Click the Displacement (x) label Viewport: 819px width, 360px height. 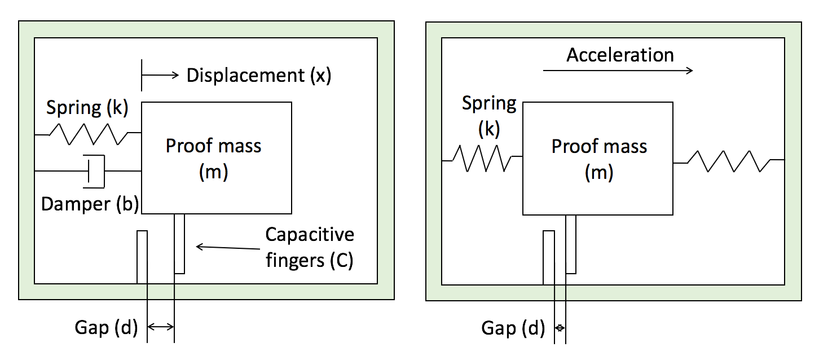pyautogui.click(x=258, y=75)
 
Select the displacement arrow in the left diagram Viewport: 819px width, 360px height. pyautogui.click(x=161, y=75)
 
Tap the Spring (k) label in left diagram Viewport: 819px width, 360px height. pyautogui.click(x=87, y=107)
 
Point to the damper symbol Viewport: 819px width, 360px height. pyautogui.click(x=95, y=170)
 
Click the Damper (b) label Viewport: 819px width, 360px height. pyautogui.click(x=90, y=204)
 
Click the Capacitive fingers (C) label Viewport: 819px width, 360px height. pyautogui.click(x=310, y=247)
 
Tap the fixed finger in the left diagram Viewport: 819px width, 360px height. pyautogui.click(x=142, y=257)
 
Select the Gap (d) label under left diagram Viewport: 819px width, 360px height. pyautogui.click(x=106, y=327)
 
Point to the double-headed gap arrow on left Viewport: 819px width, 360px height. pyautogui.click(x=161, y=326)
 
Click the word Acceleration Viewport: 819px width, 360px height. pyautogui.click(x=620, y=55)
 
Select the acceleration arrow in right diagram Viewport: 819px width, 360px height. pyautogui.click(x=618, y=71)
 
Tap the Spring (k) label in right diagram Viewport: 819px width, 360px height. pyautogui.click(x=489, y=116)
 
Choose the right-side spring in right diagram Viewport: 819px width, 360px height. pyautogui.click(x=729, y=161)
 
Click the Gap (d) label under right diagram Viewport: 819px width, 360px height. pyautogui.click(x=513, y=328)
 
